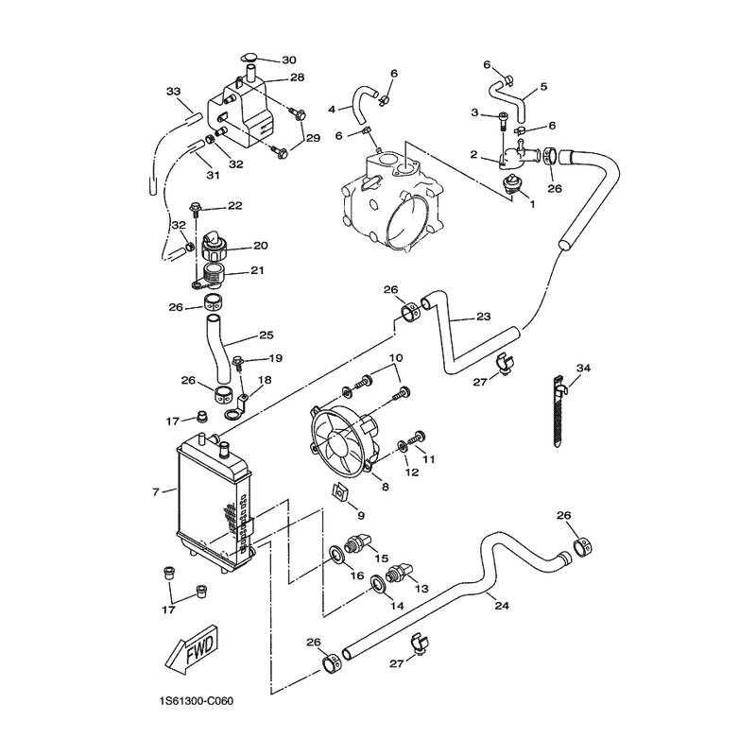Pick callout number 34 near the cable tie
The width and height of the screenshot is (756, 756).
click(583, 368)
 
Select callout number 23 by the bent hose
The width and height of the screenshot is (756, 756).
click(483, 317)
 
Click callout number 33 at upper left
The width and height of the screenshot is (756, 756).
click(173, 92)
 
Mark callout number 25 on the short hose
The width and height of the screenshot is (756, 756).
click(266, 335)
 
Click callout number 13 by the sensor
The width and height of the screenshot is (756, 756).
click(421, 588)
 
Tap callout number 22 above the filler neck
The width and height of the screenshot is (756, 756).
click(234, 206)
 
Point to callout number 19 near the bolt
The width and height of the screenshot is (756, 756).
click(275, 358)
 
